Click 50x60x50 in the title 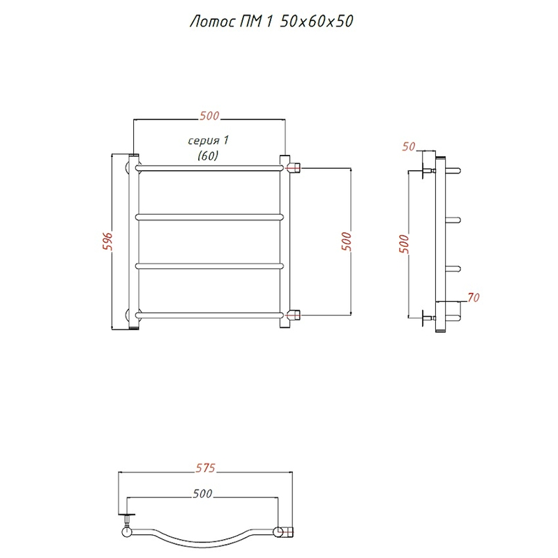pos(317,21)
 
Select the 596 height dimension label pos(108,241)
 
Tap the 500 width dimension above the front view pos(209,116)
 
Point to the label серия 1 pos(208,141)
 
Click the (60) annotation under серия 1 pos(208,156)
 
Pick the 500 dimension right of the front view pos(346,241)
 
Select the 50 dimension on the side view pos(409,146)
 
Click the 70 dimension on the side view pos(474,297)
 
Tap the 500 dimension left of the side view pos(404,243)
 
